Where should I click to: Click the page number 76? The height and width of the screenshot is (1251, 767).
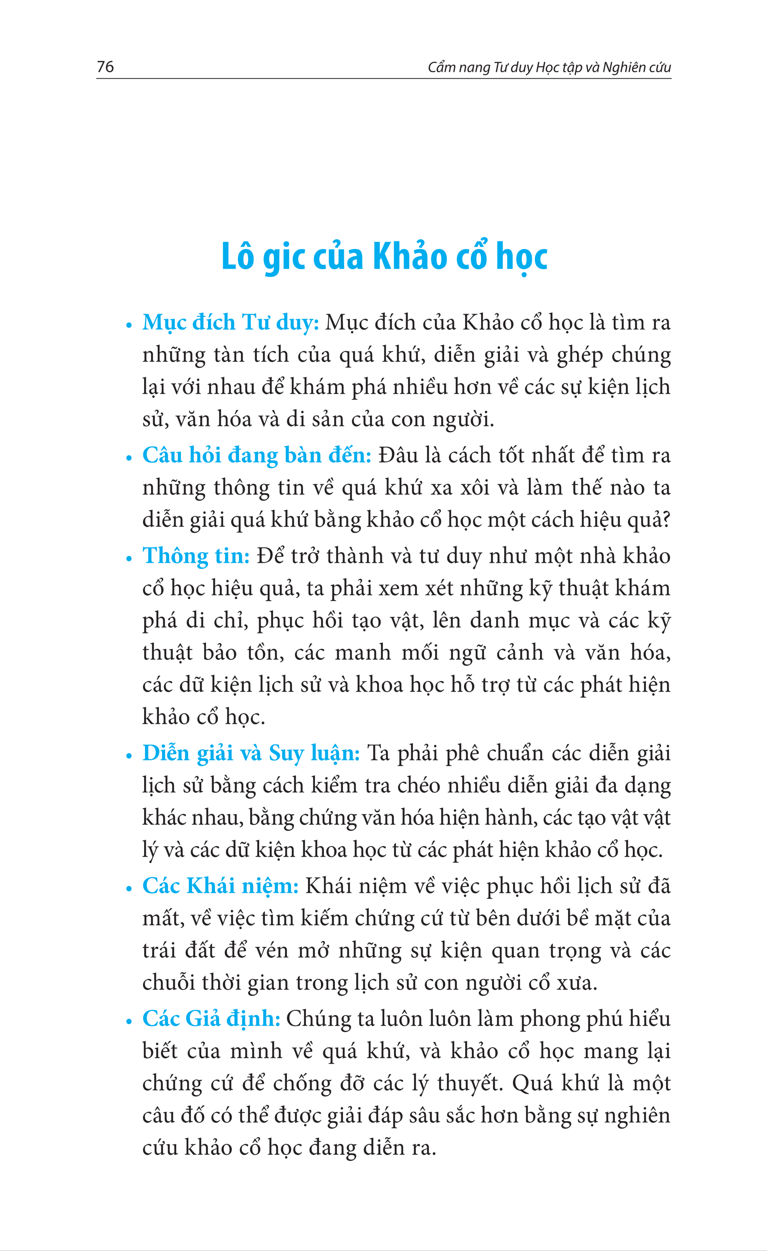(105, 66)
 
